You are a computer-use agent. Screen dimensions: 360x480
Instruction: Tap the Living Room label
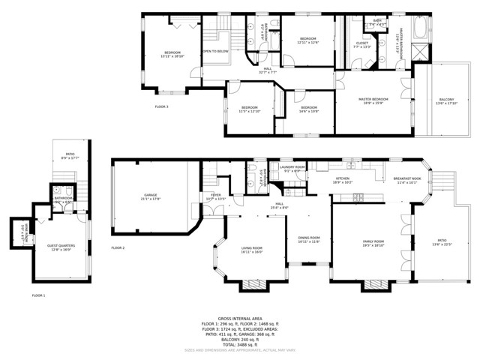point(251,250)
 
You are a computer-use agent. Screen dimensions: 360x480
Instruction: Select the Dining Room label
point(308,239)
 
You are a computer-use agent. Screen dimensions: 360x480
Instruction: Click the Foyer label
point(215,196)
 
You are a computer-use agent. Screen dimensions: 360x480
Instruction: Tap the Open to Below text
point(215,51)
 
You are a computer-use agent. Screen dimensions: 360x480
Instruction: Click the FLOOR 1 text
point(38,295)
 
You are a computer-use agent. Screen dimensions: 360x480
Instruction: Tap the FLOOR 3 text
point(162,106)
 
